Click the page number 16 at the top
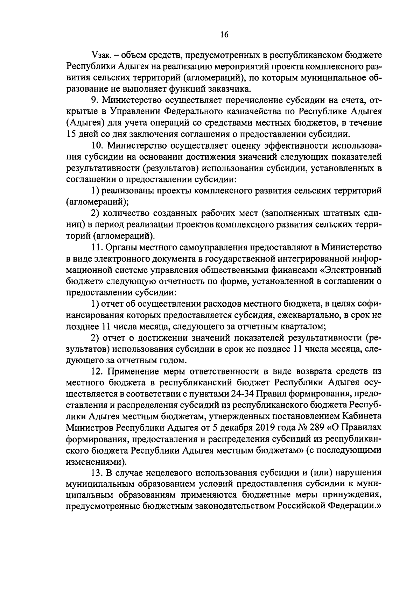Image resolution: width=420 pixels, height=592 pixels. [x=224, y=34]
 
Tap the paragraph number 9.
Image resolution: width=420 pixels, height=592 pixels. [x=94, y=100]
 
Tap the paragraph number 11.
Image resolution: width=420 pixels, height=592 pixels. [x=96, y=247]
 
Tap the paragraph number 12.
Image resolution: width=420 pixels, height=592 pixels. [x=96, y=371]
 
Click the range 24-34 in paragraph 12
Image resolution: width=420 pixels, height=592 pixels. [x=243, y=394]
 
